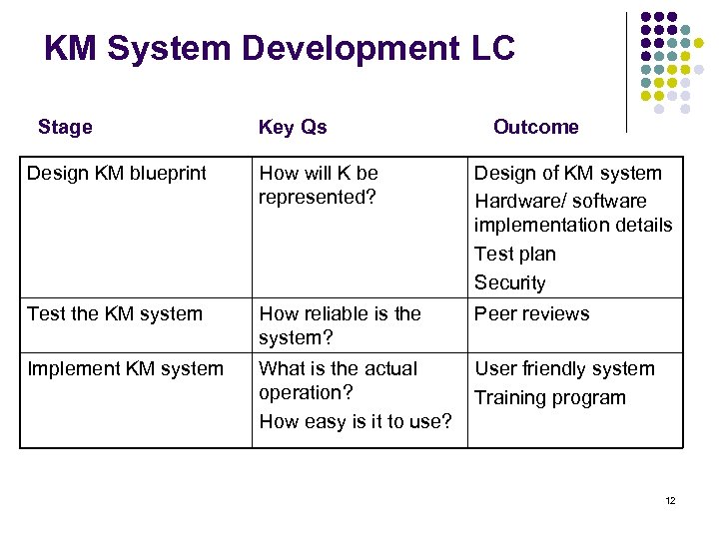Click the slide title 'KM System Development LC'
[280, 47]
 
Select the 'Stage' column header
[65, 127]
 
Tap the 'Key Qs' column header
[293, 127]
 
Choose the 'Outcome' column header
[536, 127]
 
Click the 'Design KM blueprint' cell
[117, 173]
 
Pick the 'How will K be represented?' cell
[319, 185]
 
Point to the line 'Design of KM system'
[567, 173]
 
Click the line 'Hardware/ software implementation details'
[573, 213]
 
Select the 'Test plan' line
[515, 254]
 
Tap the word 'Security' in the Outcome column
[510, 282]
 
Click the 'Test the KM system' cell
[115, 313]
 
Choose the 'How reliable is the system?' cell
[340, 325]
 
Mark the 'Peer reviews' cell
[532, 313]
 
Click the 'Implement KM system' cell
[126, 368]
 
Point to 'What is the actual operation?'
[339, 380]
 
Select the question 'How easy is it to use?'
[356, 421]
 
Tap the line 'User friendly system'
[564, 368]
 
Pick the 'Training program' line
[550, 397]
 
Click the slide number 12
[670, 501]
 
